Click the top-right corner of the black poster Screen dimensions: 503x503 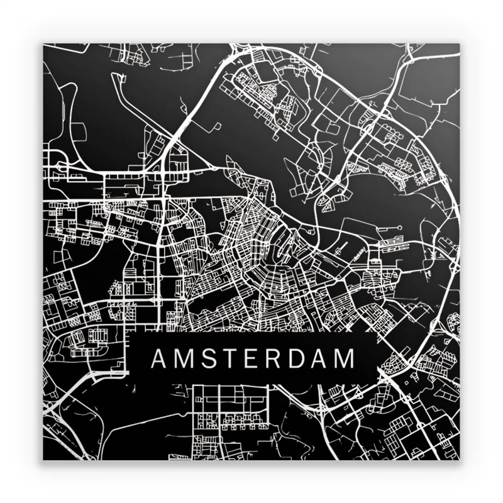[x=459, y=44]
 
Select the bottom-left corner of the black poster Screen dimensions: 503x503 [x=43, y=459]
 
